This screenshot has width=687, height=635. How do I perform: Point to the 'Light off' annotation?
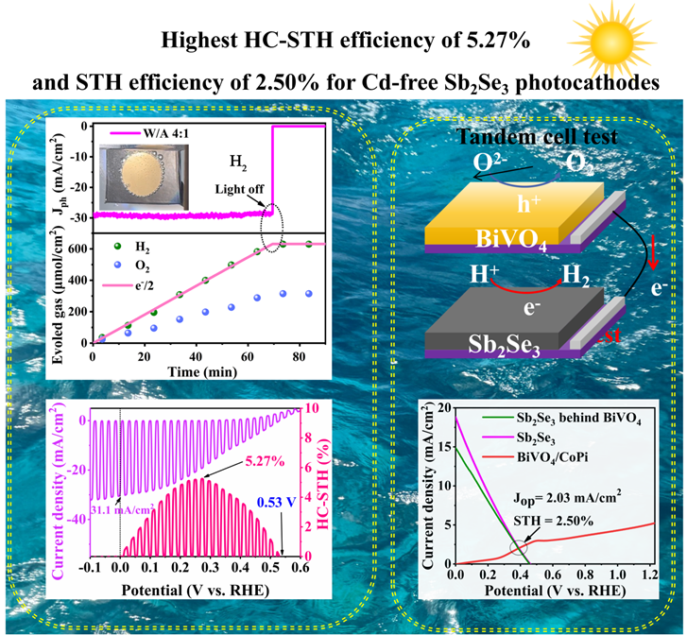(233, 188)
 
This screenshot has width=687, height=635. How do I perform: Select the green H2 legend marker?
(106, 249)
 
